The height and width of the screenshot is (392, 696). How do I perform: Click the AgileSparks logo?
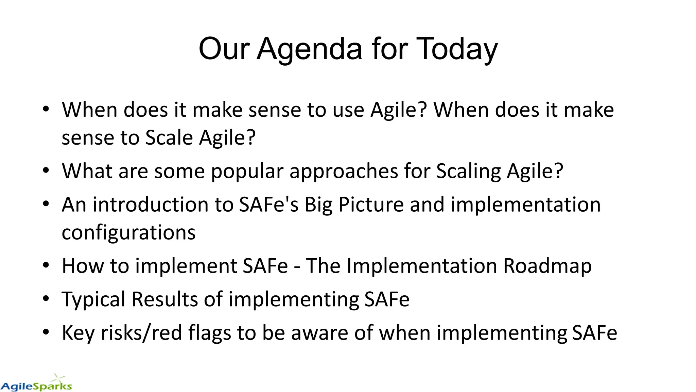click(x=36, y=384)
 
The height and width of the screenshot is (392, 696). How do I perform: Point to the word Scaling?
click(x=468, y=171)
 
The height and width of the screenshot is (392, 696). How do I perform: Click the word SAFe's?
click(x=268, y=205)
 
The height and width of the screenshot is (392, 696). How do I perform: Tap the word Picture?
click(x=371, y=205)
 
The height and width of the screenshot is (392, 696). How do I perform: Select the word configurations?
click(x=128, y=233)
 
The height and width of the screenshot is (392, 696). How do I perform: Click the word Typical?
click(x=94, y=299)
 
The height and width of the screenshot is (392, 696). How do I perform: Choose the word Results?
click(x=165, y=299)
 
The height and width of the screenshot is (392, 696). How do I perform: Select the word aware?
click(x=319, y=333)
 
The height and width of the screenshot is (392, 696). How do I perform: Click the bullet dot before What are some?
click(x=46, y=170)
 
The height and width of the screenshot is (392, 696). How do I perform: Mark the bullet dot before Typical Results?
click(x=46, y=299)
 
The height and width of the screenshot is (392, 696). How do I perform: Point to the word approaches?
click(x=344, y=171)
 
